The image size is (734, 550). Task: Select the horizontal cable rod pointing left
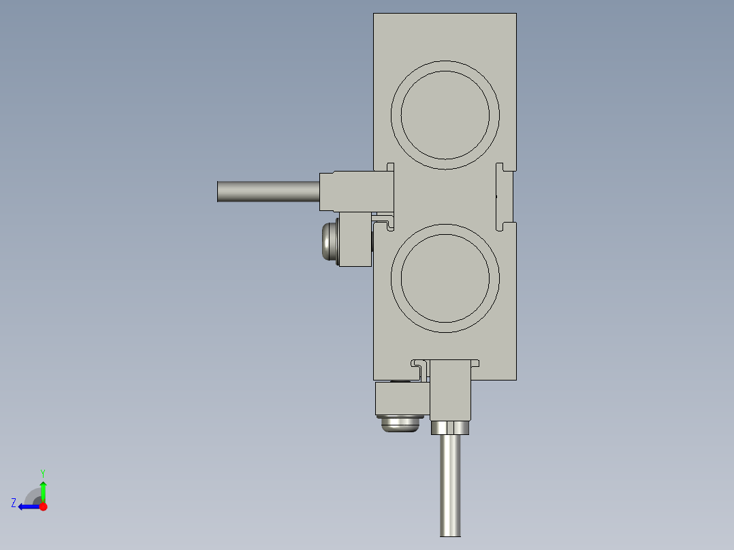point(269,191)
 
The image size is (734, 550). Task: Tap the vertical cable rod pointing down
point(450,485)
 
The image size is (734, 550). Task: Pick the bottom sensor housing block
point(450,390)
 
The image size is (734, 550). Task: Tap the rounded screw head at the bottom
point(400,424)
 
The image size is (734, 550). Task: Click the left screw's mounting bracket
point(355,239)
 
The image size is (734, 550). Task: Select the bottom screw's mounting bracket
point(402,399)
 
